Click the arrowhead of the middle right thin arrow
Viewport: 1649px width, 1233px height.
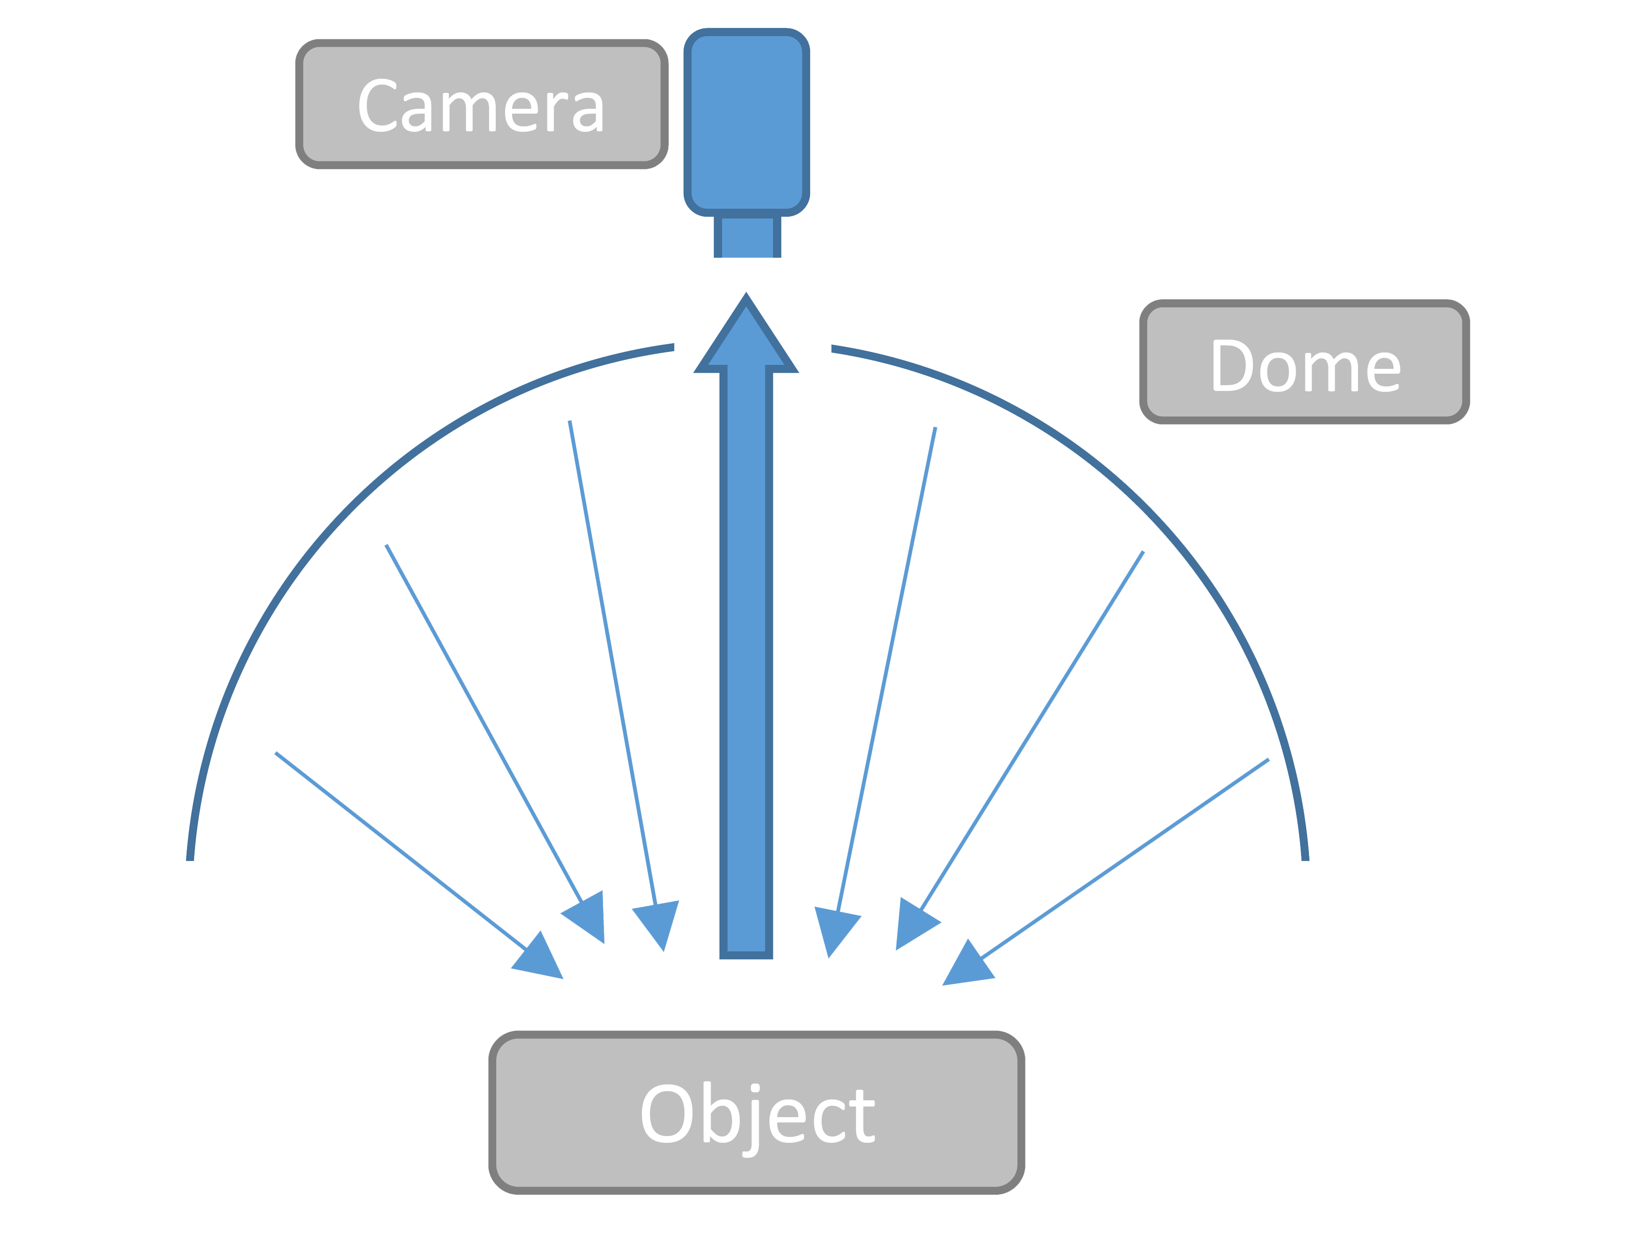pyautogui.click(x=913, y=924)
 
